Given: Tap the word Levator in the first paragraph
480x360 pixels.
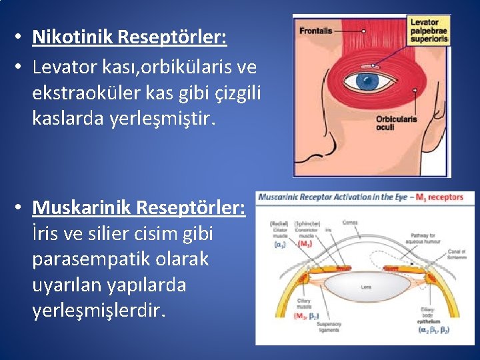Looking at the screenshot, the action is tap(63, 67).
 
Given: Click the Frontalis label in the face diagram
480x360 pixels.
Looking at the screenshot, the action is tap(316, 31).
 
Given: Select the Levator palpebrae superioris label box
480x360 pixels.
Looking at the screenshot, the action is tap(429, 31).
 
